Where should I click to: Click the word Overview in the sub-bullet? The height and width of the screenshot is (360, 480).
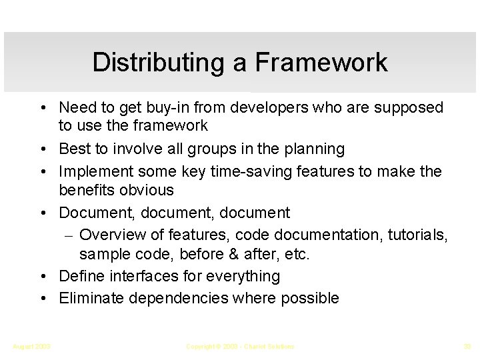pos(111,235)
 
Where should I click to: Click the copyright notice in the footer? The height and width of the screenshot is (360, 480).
pos(240,347)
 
